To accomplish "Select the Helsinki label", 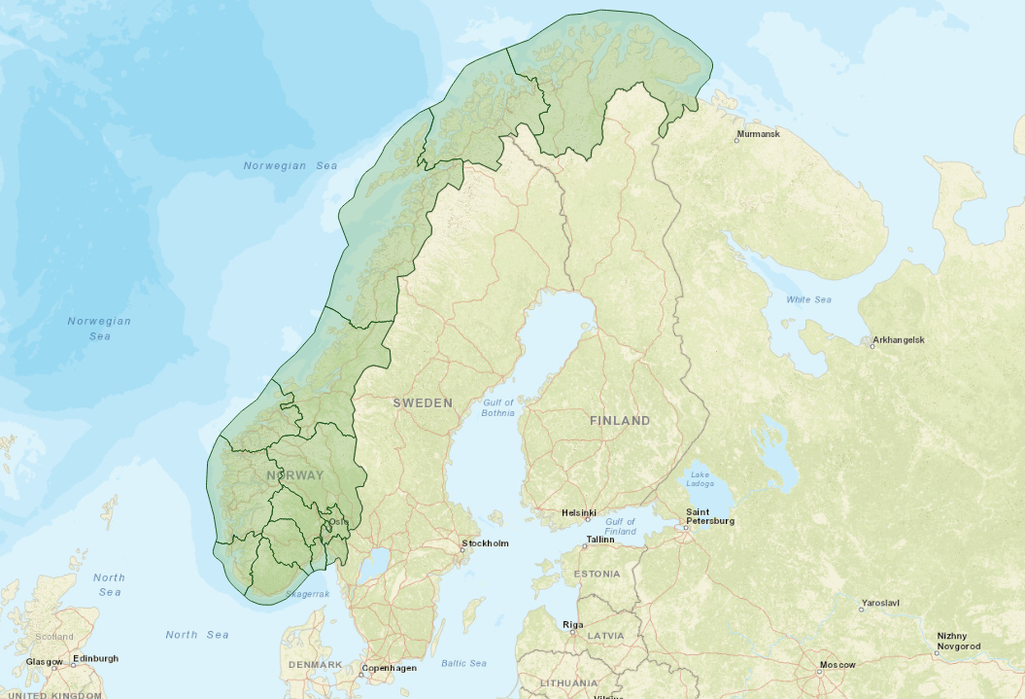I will point(578,512).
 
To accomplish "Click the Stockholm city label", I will point(486,543).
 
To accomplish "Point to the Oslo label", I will point(338,522).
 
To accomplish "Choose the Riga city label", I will point(573,624).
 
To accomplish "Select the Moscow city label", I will point(837,665).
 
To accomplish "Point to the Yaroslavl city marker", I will point(861,610).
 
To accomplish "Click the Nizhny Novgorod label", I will point(958,641).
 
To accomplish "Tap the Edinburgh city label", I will point(95,658).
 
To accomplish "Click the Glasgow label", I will point(44,662).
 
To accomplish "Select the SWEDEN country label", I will point(423,402).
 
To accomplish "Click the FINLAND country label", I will point(620,421).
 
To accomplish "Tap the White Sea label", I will point(808,299).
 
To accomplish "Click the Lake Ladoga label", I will point(700,478).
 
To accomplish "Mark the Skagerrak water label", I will point(308,593).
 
